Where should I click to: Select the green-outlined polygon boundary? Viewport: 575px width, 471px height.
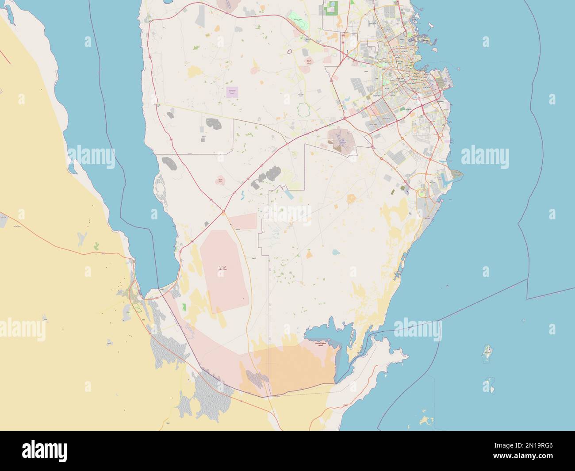coord(303,109)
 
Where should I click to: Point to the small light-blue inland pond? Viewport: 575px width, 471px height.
coord(336,253)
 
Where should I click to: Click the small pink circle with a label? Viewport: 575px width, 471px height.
coord(220,180)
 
